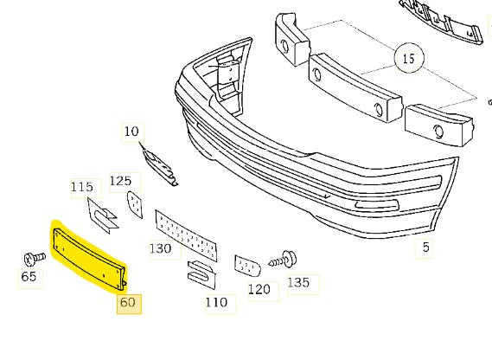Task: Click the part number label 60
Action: [x=128, y=304]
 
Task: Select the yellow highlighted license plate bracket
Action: [x=89, y=255]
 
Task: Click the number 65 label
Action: [x=29, y=278]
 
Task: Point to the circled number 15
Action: [x=409, y=60]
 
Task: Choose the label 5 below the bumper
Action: [x=425, y=248]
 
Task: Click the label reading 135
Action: [x=297, y=283]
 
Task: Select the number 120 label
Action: [x=259, y=290]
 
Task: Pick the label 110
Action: [x=216, y=302]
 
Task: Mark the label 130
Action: [x=160, y=248]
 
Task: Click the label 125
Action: [x=119, y=182]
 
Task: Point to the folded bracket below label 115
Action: [x=102, y=214]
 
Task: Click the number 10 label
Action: [x=131, y=132]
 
